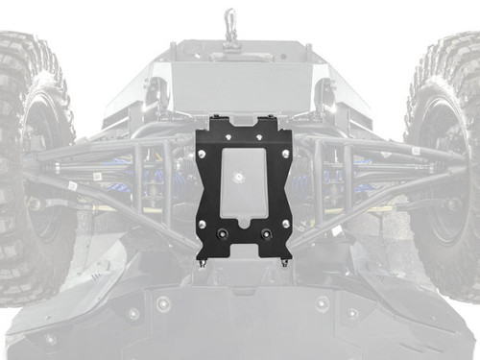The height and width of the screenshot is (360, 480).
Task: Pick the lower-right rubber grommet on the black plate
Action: (266, 235)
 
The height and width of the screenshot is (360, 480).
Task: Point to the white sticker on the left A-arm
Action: (72, 183)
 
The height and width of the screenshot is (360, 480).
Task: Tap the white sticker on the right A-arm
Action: (415, 151)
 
